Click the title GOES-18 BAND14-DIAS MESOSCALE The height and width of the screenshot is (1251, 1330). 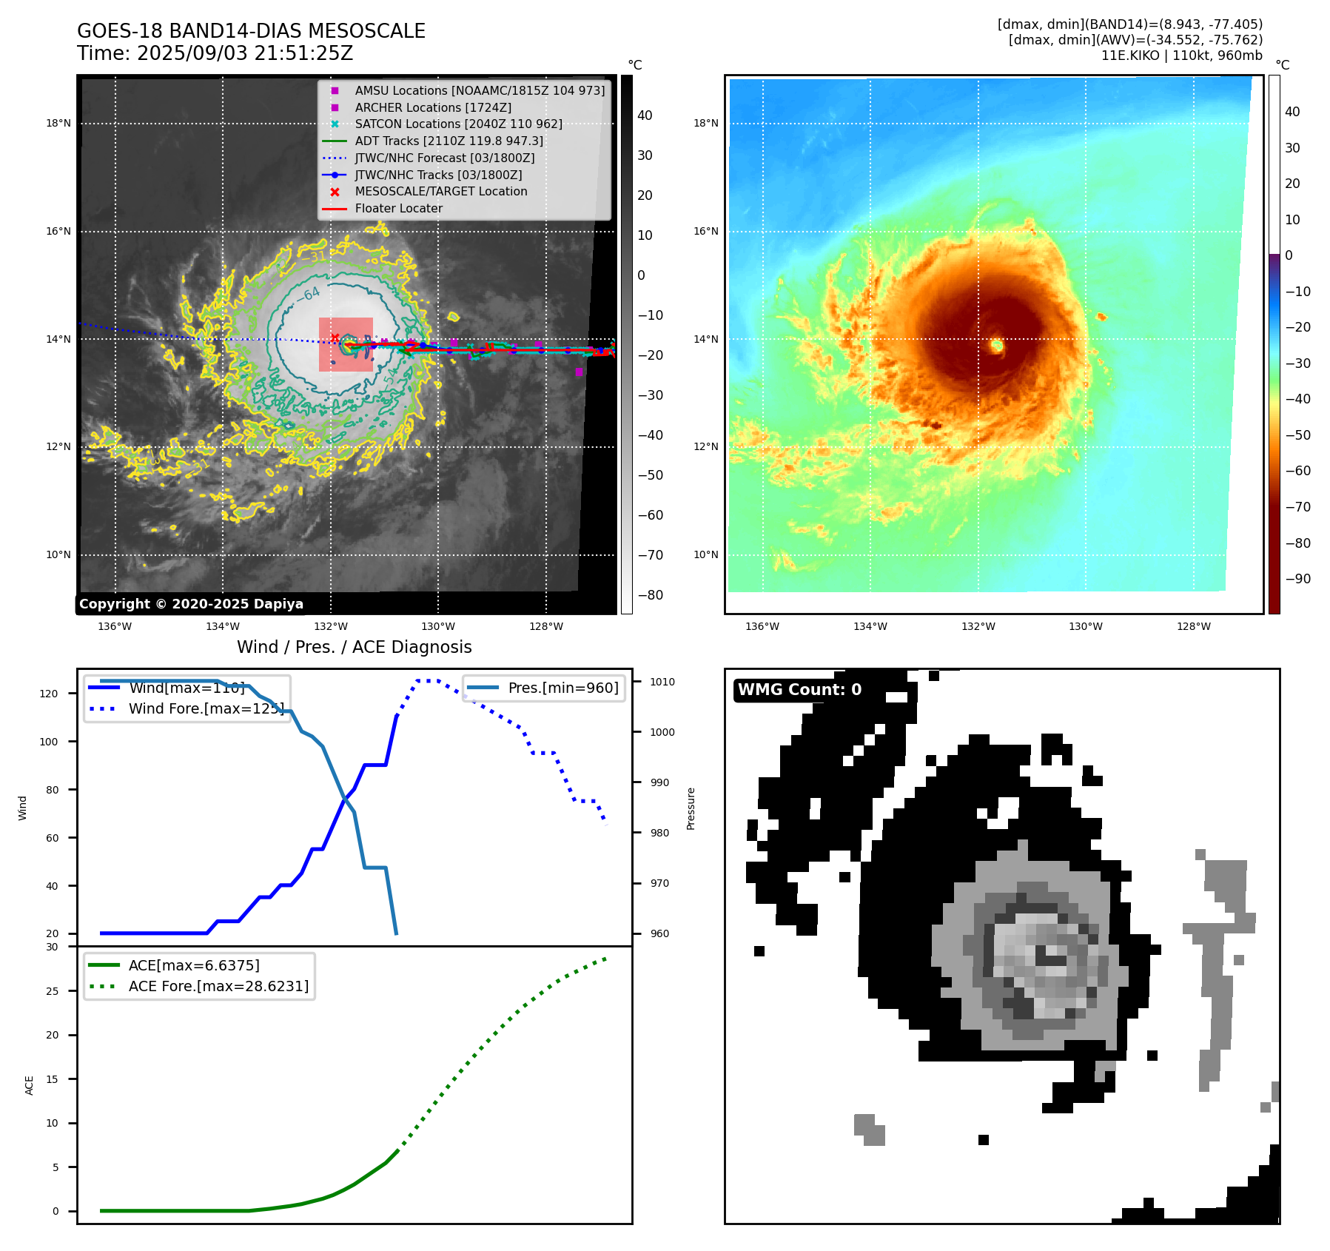coord(251,31)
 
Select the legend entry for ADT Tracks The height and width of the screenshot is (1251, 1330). coord(449,141)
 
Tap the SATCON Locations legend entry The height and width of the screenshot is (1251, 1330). coord(458,124)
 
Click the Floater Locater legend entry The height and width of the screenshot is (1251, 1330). coord(398,208)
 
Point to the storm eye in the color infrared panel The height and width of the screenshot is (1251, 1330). coord(997,345)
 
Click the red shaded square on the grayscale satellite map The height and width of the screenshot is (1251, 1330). coord(346,344)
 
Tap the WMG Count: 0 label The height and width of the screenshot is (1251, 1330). coord(799,689)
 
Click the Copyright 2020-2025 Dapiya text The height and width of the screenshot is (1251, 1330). coord(191,604)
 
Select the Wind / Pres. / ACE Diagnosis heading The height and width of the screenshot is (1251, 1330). coord(354,647)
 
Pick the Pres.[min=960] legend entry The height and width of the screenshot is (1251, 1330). coord(562,688)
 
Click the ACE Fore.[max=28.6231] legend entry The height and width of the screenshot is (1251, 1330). coord(218,986)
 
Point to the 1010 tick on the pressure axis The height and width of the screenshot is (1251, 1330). coord(662,682)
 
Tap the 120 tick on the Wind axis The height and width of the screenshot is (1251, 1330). coord(49,694)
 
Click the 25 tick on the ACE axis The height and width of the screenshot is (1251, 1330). coord(53,991)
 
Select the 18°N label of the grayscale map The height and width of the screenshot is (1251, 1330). coord(58,123)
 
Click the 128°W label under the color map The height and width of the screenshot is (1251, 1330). coord(1194,626)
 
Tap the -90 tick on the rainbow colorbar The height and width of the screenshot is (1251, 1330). coord(1297,579)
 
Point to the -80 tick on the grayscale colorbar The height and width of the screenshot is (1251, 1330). coord(651,595)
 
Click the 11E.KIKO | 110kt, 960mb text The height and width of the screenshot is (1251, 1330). coord(1181,56)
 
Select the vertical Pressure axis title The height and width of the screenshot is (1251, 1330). coord(691,808)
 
